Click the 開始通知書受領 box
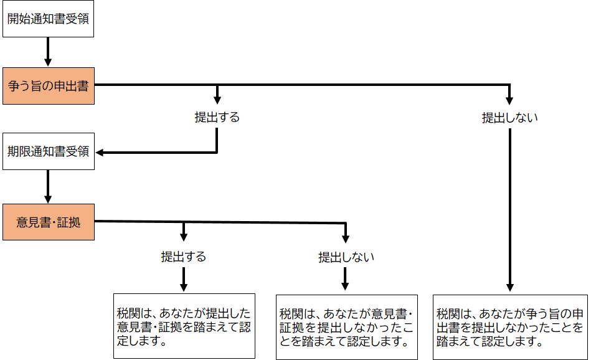pos(48,19)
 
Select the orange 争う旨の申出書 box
pos(48,85)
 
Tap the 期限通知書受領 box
pos(48,151)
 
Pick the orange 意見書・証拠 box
pos(48,222)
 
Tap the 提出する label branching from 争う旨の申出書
pos(217,117)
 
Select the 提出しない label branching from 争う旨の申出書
pos(509,117)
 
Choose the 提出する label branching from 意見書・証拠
pos(183,256)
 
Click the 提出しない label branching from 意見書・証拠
pos(346,256)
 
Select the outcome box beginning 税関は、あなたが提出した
pos(183,326)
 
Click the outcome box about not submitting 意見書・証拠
pos(346,326)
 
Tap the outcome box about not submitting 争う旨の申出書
pos(510,326)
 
